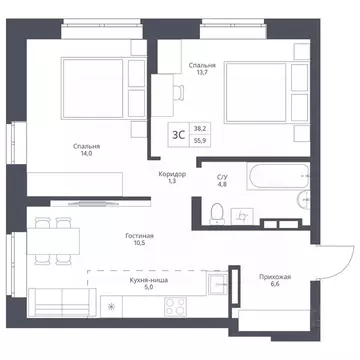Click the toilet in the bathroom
pos(217,214)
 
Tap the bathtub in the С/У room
pos(278,176)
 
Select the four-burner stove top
pos(175,306)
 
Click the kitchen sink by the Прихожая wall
pos(218,283)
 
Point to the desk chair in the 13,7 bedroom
pos(179,92)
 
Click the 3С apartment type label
pos(179,135)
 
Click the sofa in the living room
pos(62,302)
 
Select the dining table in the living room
pos(53,241)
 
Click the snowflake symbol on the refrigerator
pos(111,307)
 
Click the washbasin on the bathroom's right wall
pos(304,199)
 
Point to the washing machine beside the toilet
pos(242,216)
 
